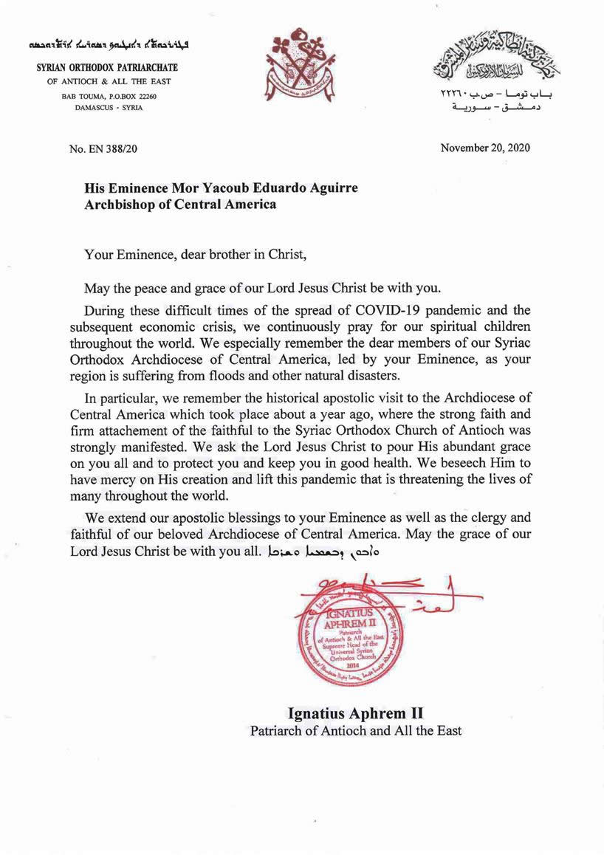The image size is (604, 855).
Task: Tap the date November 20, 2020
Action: pos(485,148)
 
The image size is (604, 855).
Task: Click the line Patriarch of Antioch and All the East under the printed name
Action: pos(355,731)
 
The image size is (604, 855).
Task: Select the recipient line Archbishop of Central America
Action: pos(180,205)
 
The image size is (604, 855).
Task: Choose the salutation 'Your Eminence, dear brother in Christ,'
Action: pos(195,255)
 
